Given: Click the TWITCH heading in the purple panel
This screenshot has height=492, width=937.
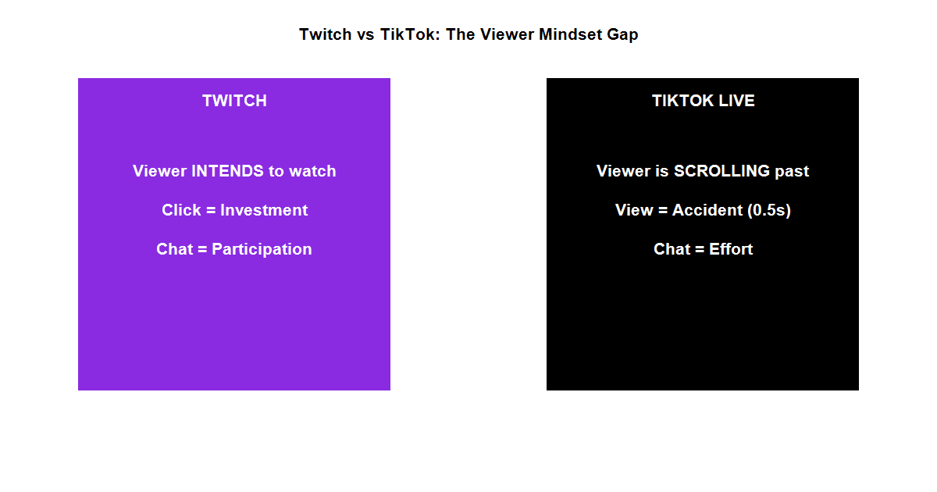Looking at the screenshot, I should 234,101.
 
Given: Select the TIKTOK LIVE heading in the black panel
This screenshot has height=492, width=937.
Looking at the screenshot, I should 703,101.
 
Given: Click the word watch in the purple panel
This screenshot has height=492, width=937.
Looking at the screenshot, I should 312,171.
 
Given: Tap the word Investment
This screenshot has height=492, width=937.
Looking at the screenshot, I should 264,210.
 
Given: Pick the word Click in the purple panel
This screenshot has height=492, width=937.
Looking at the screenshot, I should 180,210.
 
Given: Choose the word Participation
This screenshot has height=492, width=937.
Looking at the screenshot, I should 262,249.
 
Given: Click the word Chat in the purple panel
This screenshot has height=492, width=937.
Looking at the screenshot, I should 174,249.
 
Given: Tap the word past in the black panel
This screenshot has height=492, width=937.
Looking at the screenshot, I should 792,171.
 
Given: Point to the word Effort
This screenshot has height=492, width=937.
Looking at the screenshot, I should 731,249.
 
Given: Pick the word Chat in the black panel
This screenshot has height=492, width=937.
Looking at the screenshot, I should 672,249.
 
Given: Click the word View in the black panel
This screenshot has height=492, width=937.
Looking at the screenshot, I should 633,210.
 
